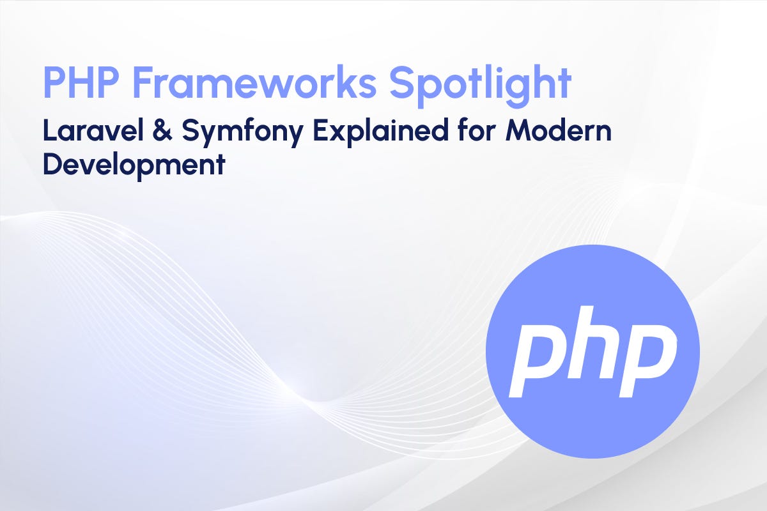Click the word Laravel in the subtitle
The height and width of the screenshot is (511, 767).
point(86,132)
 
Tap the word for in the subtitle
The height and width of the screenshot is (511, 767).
point(467,132)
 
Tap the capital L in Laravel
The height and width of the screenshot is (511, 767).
point(49,132)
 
